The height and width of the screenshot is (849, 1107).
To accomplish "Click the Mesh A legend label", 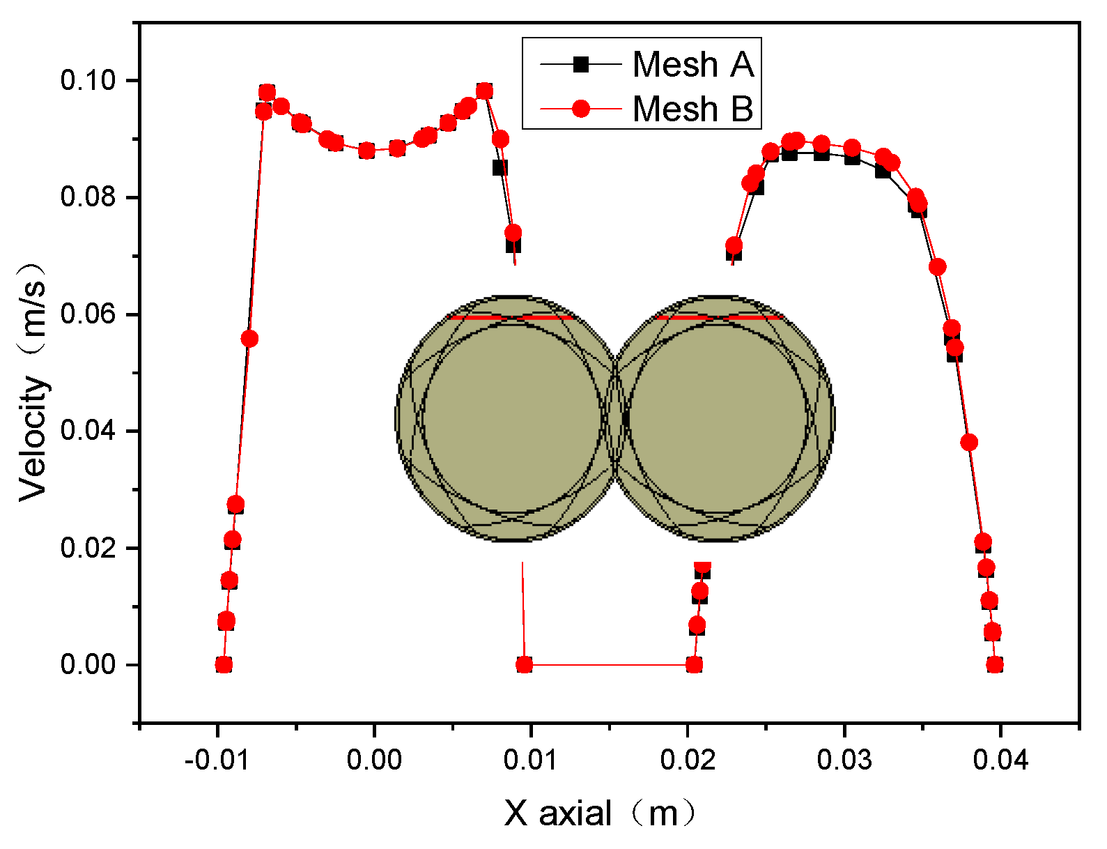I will tap(692, 65).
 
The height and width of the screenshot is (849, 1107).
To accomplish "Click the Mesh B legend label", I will tap(692, 109).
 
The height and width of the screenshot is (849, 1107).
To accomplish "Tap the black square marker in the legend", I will tap(580, 65).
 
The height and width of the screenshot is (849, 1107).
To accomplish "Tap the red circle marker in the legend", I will tap(580, 109).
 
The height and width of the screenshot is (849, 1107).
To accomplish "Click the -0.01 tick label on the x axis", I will tap(217, 760).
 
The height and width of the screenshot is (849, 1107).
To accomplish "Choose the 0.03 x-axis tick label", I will tap(844, 760).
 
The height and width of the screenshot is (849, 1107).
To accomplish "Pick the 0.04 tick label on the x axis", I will tap(1000, 760).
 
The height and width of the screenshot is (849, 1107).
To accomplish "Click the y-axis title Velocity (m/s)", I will tap(33, 382).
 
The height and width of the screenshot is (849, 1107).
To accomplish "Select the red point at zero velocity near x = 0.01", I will tap(525, 665).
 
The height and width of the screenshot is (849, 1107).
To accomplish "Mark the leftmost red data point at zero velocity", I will tap(224, 665).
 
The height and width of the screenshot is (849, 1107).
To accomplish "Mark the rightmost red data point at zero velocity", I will tap(996, 665).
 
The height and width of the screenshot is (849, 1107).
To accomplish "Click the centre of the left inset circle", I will tap(511, 418).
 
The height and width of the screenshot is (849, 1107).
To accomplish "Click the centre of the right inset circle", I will tap(719, 418).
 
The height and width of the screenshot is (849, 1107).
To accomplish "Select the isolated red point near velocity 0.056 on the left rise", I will tap(249, 339).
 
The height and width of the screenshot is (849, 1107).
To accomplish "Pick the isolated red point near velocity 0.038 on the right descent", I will tap(968, 442).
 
